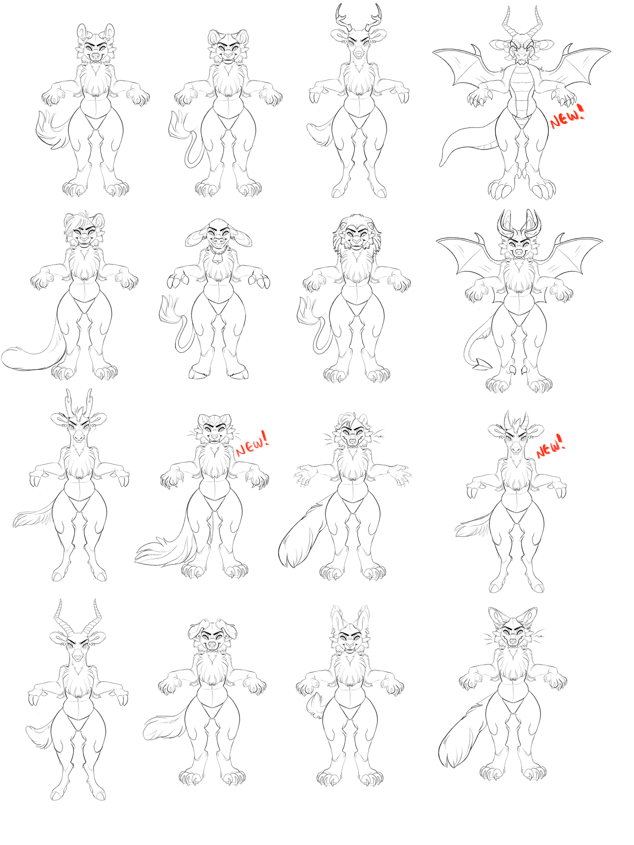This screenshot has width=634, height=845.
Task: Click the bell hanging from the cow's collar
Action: click(218, 259)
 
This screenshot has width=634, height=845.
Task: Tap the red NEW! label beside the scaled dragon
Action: click(568, 116)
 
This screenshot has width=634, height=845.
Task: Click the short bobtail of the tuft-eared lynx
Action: click(314, 705)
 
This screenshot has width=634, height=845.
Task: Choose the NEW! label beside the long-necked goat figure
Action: click(550, 446)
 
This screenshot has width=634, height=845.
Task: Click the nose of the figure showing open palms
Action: click(353, 441)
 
